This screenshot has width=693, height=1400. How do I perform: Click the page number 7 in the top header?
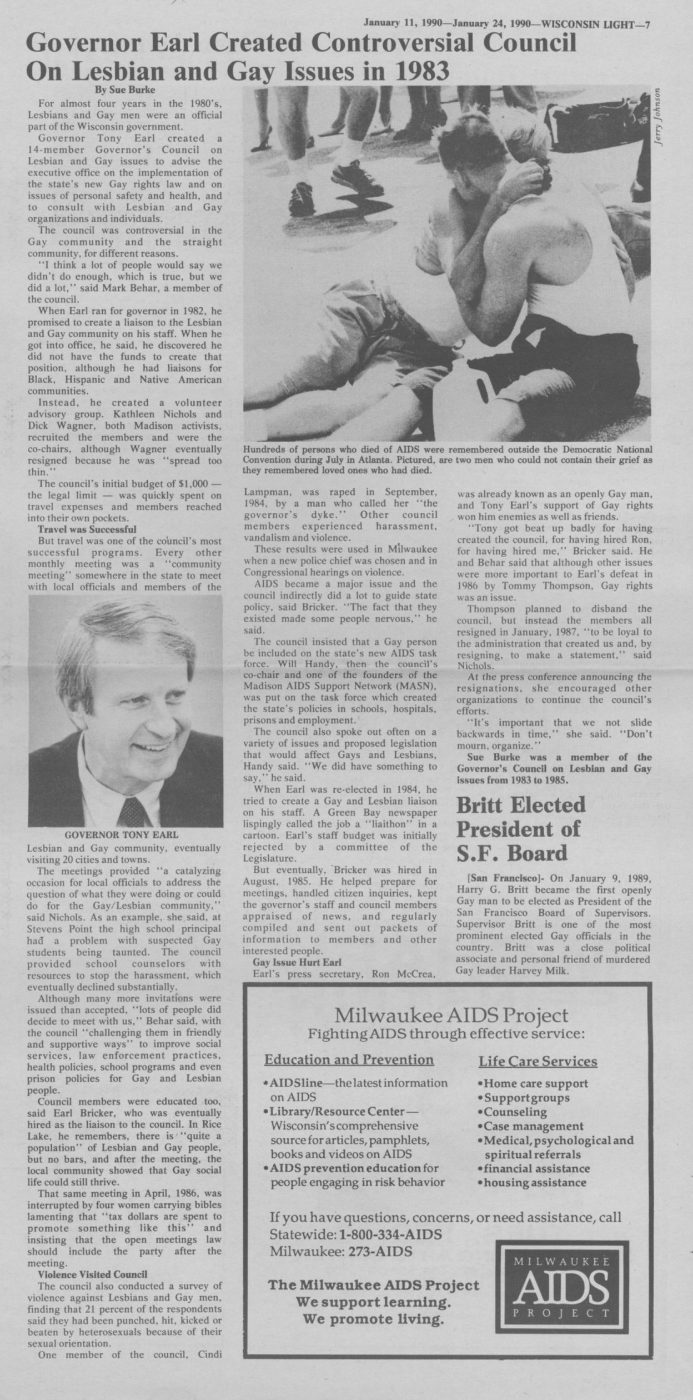click(x=647, y=8)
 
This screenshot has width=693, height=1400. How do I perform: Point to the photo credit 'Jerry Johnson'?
click(x=658, y=117)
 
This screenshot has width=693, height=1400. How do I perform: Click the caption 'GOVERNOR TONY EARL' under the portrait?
click(x=122, y=835)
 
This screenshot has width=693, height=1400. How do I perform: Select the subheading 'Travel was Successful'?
click(x=86, y=529)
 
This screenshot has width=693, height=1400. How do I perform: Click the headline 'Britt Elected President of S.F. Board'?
click(x=521, y=828)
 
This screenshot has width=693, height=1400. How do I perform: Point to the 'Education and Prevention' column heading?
click(x=349, y=1059)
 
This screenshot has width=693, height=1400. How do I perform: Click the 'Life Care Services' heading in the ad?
click(x=538, y=1062)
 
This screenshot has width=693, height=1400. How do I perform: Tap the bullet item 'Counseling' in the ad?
click(x=515, y=1112)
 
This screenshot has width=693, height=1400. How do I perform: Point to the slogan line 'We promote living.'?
click(x=373, y=1332)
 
